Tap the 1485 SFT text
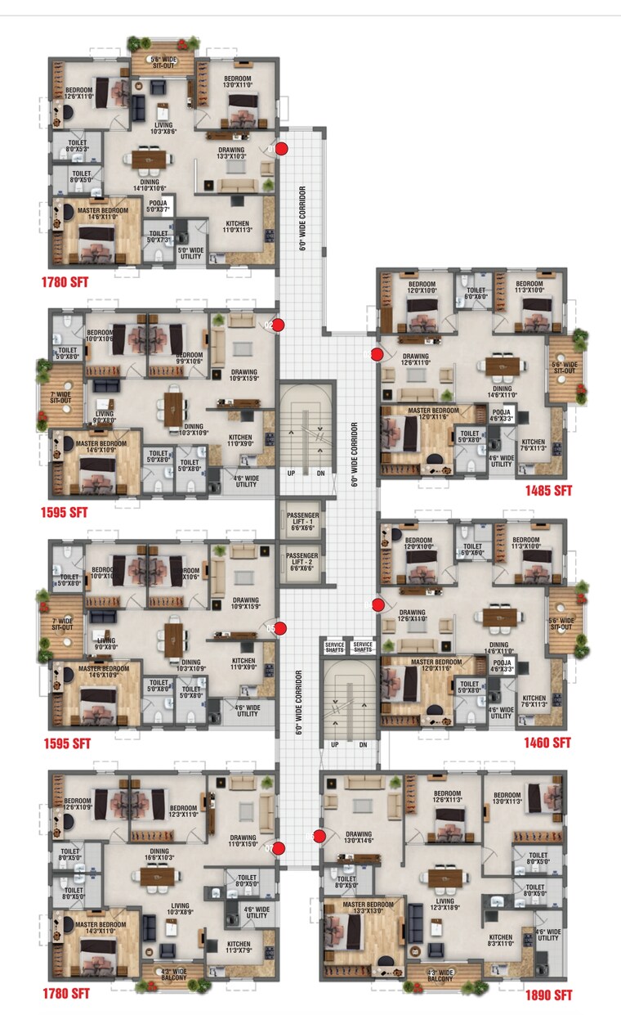pos(548,491)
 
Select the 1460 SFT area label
pos(547,743)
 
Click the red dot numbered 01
pos(281,149)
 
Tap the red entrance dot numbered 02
pos(278,326)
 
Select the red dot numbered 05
pos(280,628)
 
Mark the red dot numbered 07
pos(279,848)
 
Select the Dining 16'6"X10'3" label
pos(159,855)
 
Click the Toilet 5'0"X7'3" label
pos(159,237)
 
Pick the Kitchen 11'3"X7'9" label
pos(239,947)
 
